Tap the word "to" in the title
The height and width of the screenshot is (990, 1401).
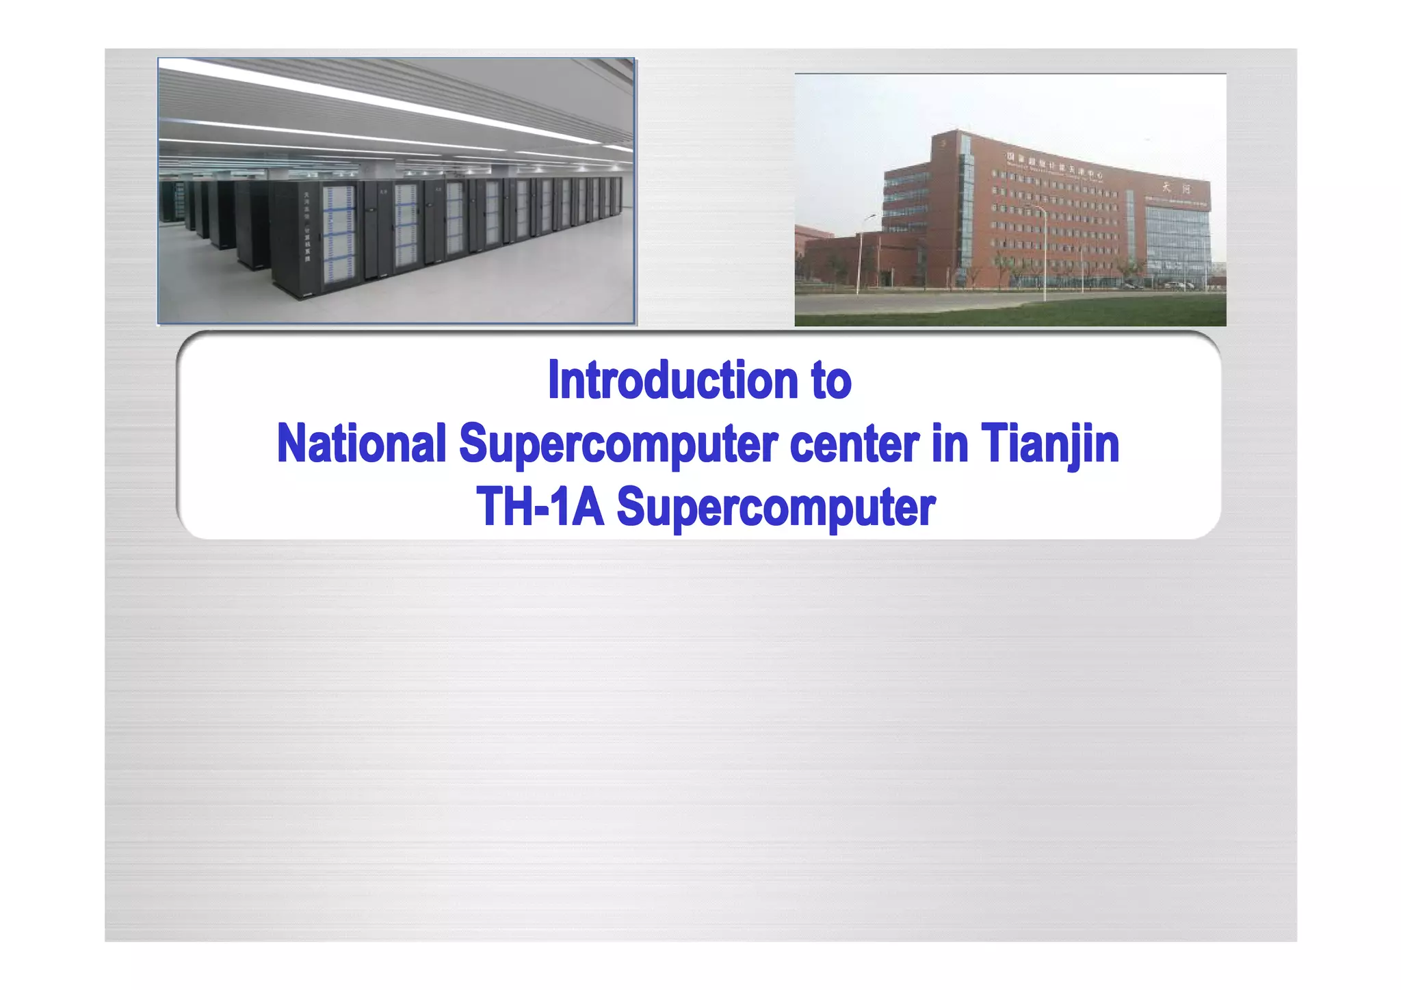(x=831, y=380)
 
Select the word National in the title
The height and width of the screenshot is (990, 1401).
(x=361, y=443)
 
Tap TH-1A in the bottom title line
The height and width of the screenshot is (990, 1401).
(x=540, y=507)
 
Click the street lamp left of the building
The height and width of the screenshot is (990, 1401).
(x=860, y=253)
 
